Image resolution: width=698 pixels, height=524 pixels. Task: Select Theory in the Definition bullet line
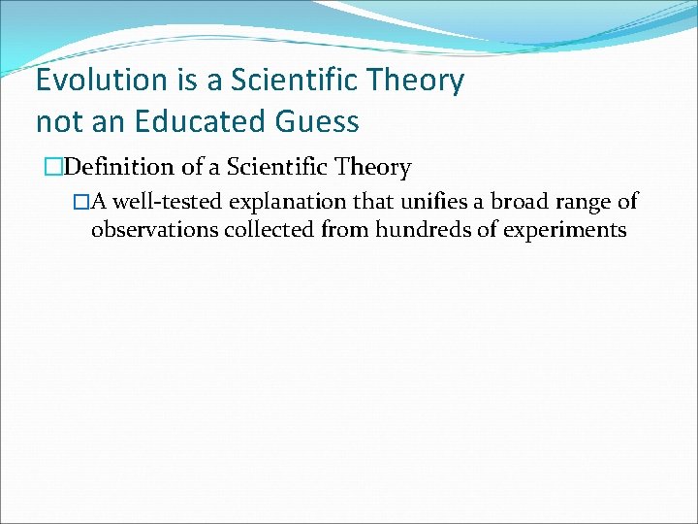[x=372, y=168]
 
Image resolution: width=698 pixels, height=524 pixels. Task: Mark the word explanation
[x=278, y=202]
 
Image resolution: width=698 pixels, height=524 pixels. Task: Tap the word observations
[x=155, y=231]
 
